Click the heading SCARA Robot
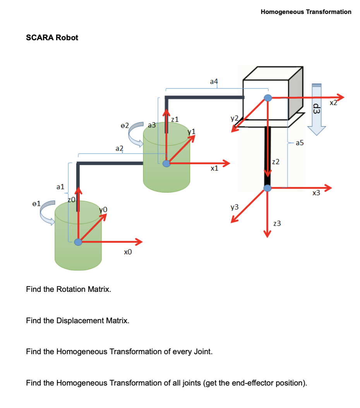(x=52, y=38)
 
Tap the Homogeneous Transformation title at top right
(x=306, y=12)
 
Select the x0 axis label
(x=128, y=252)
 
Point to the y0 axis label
(x=103, y=209)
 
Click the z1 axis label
(x=175, y=119)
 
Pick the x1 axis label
(x=214, y=168)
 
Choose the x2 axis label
(x=333, y=103)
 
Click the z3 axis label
(x=277, y=223)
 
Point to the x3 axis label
(x=316, y=193)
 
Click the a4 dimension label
(x=214, y=81)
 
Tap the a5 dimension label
(x=300, y=143)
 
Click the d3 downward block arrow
(x=317, y=110)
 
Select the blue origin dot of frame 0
(x=78, y=242)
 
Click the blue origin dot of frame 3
(x=267, y=188)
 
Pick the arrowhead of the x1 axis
(x=225, y=163)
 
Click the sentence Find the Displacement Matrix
(x=77, y=321)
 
